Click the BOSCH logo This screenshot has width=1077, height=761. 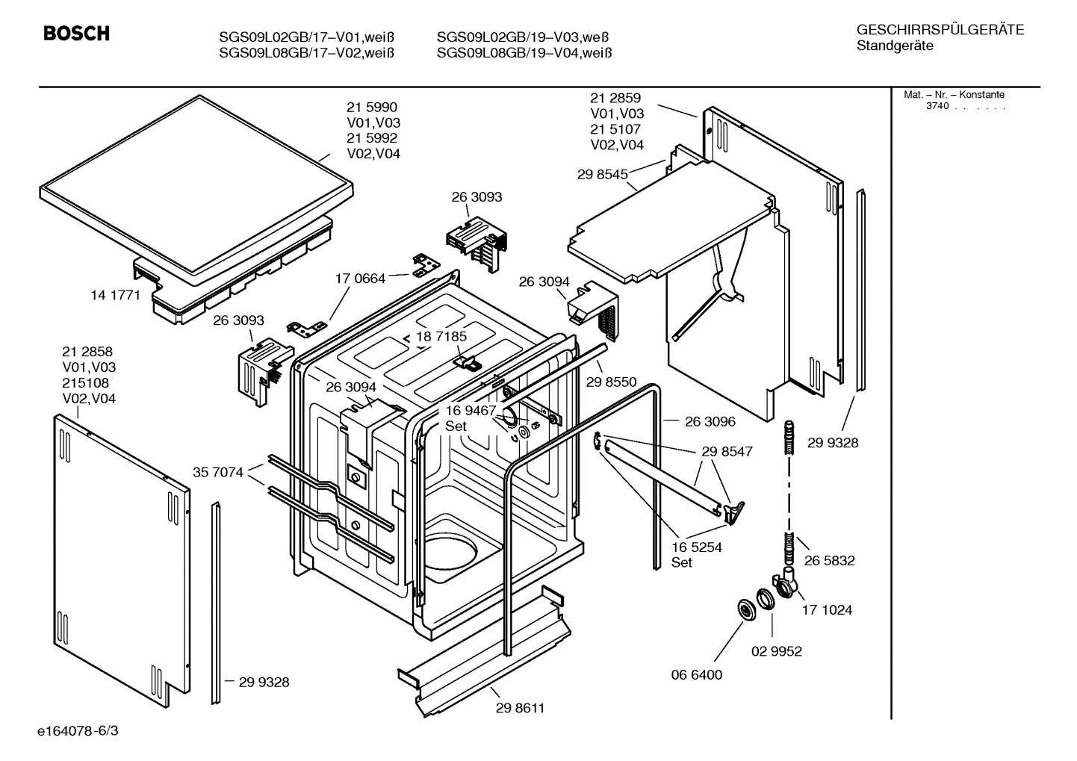coord(76,34)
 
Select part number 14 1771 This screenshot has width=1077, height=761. coord(115,295)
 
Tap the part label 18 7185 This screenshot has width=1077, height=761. coord(441,337)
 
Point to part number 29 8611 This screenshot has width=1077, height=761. coord(520,708)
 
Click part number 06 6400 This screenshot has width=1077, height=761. coord(696,675)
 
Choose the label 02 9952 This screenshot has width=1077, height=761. coord(776,651)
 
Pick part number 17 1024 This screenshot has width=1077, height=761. coord(827,610)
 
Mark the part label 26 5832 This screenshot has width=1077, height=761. coord(829,561)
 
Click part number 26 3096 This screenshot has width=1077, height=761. coord(710,422)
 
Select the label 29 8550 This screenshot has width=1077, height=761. coord(611,382)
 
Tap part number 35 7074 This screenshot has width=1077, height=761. coord(217,472)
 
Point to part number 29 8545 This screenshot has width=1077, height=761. coord(602,175)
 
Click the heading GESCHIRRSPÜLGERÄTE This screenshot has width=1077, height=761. coord(940,30)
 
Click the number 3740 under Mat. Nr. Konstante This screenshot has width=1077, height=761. coord(937,106)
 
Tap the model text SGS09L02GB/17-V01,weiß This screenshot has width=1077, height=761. coord(306,37)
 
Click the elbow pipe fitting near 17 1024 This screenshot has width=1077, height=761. coord(786,582)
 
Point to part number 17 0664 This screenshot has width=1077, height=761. coord(360,279)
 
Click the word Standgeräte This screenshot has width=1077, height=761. coord(894,46)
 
